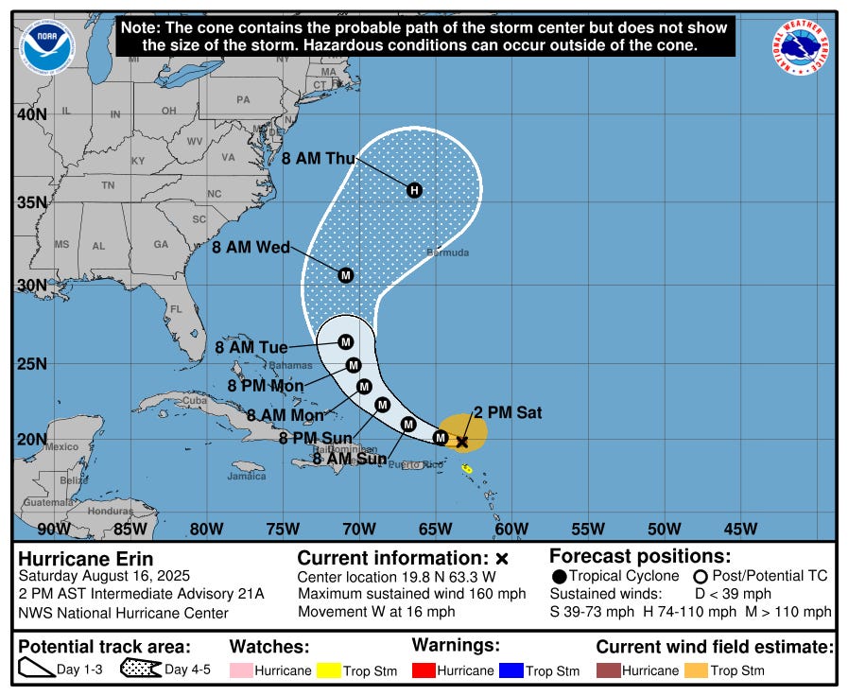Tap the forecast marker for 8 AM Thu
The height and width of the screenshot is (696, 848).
pos(413,190)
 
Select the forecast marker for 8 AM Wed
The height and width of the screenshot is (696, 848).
pos(345,275)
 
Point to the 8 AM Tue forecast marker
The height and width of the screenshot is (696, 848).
pos(345,342)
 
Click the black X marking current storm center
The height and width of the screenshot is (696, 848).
pos(462,442)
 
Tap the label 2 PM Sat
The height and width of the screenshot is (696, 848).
pos(508,412)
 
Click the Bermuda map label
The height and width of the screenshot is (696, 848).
pos(447,252)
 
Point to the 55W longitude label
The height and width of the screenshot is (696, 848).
pos(587,529)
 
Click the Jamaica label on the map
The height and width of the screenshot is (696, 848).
pos(246,477)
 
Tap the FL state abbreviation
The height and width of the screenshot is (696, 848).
pos(176,309)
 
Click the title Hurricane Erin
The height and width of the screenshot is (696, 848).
pos(86,558)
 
